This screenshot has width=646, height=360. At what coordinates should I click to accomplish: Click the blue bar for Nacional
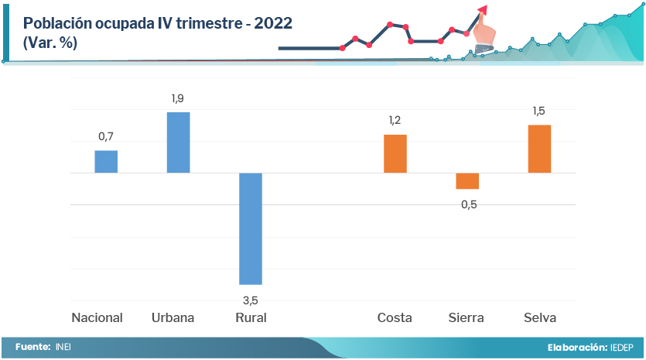point(106,161)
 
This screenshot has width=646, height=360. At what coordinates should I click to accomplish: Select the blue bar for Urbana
point(179,142)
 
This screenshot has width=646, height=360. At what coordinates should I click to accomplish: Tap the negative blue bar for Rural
point(251,228)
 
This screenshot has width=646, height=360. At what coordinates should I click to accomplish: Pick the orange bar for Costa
point(395,153)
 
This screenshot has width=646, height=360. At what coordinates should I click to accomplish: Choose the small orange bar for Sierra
point(467,180)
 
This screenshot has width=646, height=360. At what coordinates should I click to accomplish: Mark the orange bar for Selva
point(539,149)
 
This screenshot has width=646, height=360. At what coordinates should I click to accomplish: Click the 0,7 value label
point(106,137)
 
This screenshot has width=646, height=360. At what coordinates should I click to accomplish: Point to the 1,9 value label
point(178,98)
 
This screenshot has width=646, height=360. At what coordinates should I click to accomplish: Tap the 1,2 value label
point(395,121)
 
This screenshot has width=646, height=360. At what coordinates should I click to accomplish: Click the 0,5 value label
point(469,204)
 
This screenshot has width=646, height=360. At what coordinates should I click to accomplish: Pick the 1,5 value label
point(539,111)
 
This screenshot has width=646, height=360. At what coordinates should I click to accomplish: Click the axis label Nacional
point(97,318)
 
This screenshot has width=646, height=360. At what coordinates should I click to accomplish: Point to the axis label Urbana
point(173,318)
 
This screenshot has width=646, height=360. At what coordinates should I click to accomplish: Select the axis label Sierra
point(467,318)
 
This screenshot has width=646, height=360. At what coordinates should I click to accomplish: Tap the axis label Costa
point(395,318)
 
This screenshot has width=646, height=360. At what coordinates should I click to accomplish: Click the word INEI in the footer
point(63,347)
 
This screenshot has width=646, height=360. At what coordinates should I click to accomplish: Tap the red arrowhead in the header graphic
point(483,9)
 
